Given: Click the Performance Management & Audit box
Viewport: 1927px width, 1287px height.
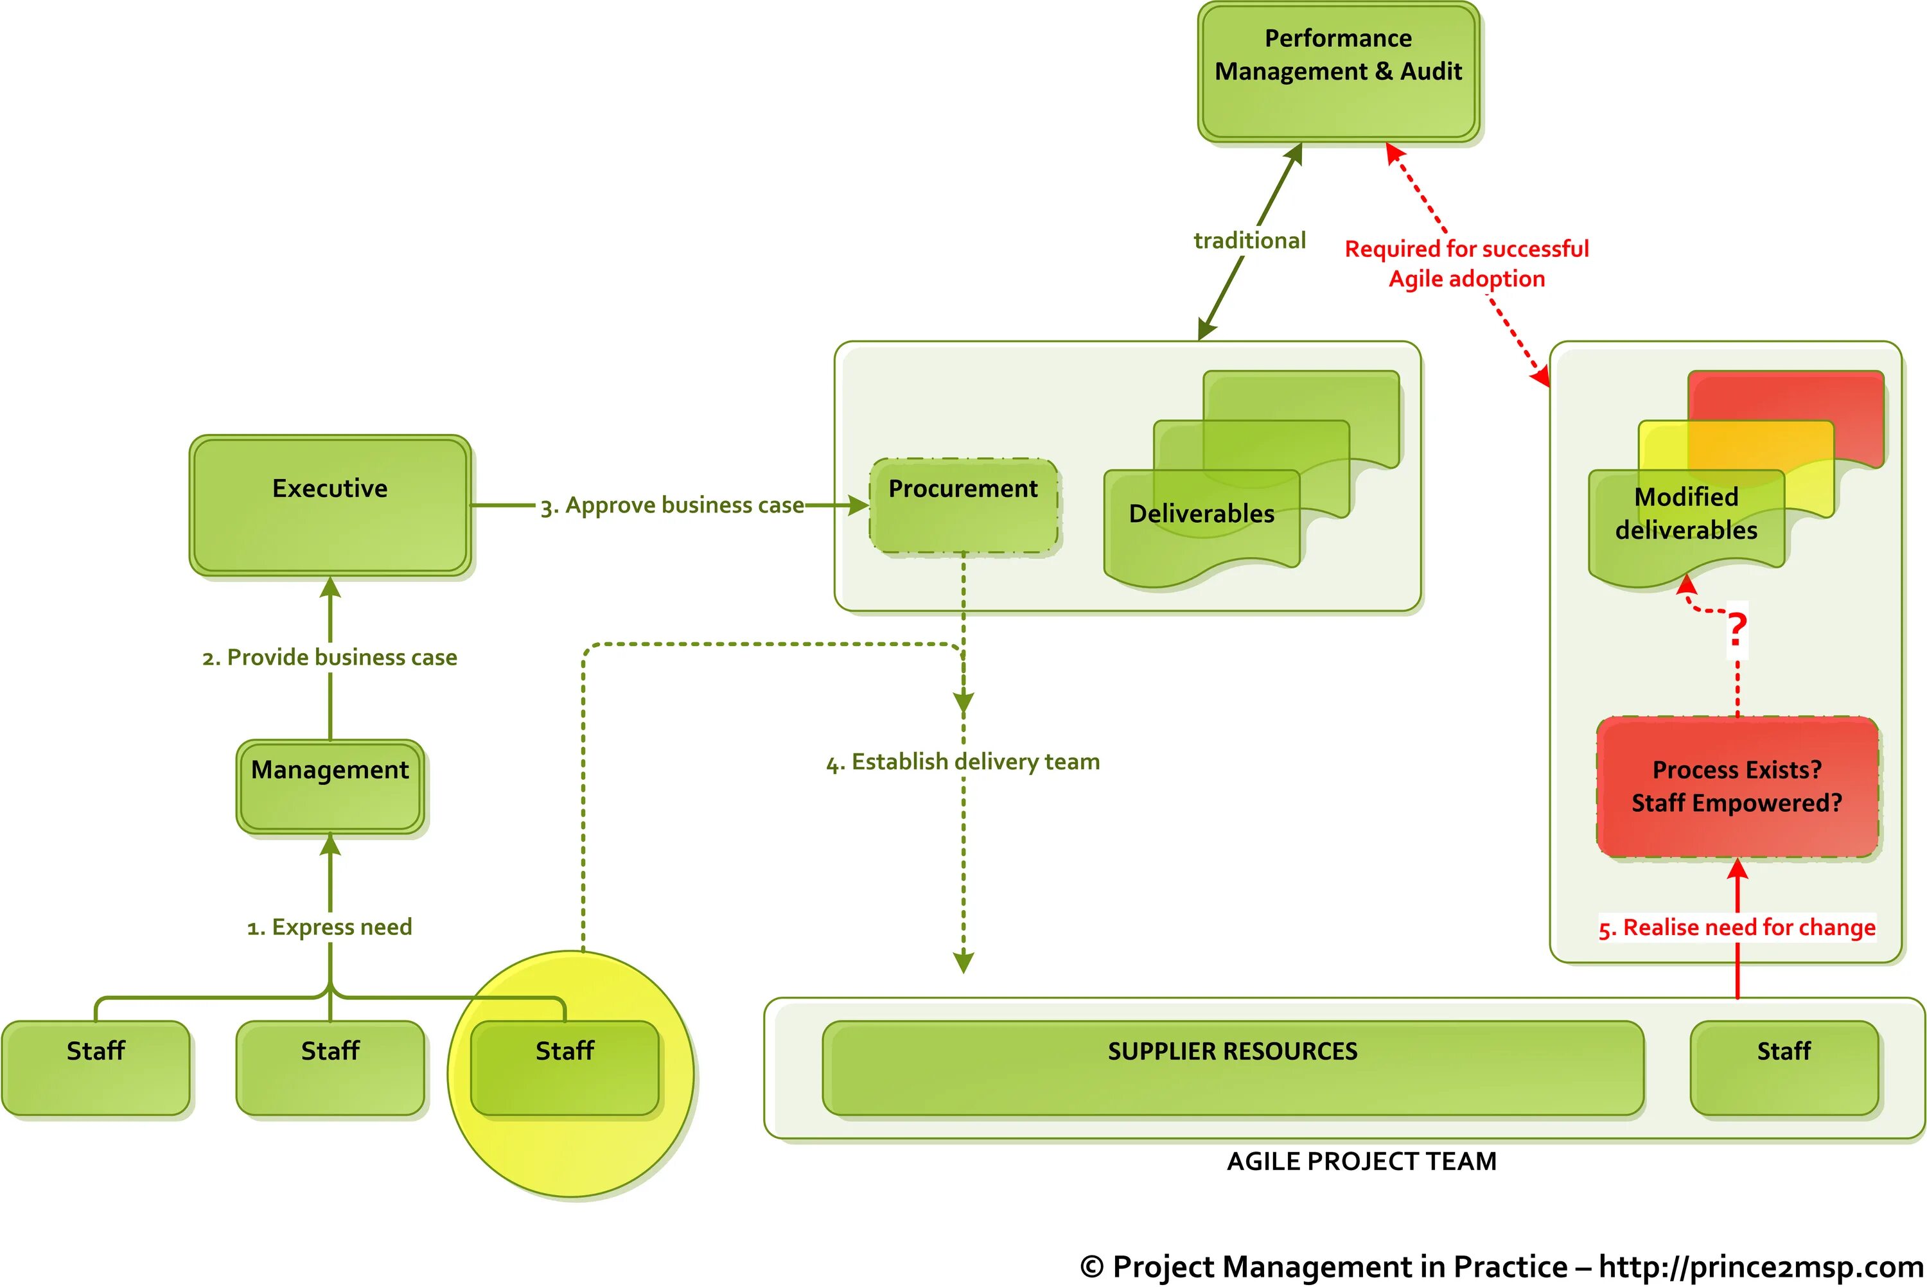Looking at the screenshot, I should click(1338, 72).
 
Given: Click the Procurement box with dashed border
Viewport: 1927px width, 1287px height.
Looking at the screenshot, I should click(963, 505).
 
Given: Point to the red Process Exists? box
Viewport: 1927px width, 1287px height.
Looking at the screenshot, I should click(1737, 786).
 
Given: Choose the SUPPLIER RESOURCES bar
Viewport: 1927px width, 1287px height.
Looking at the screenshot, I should click(1232, 1067).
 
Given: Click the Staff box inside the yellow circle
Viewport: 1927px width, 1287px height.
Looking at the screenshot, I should click(565, 1067).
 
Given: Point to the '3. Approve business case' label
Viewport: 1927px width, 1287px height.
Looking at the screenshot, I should click(671, 505).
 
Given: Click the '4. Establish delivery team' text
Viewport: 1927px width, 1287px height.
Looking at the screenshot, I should click(963, 762).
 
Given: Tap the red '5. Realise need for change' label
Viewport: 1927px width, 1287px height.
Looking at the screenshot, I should click(1737, 927).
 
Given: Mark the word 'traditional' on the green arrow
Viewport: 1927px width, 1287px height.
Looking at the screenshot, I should click(1249, 240).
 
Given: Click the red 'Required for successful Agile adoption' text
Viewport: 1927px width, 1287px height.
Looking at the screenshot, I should click(1466, 263).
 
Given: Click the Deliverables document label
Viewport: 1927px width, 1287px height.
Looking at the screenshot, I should click(1202, 514).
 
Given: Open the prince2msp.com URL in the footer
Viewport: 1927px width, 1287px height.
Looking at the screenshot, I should click(1761, 1266).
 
